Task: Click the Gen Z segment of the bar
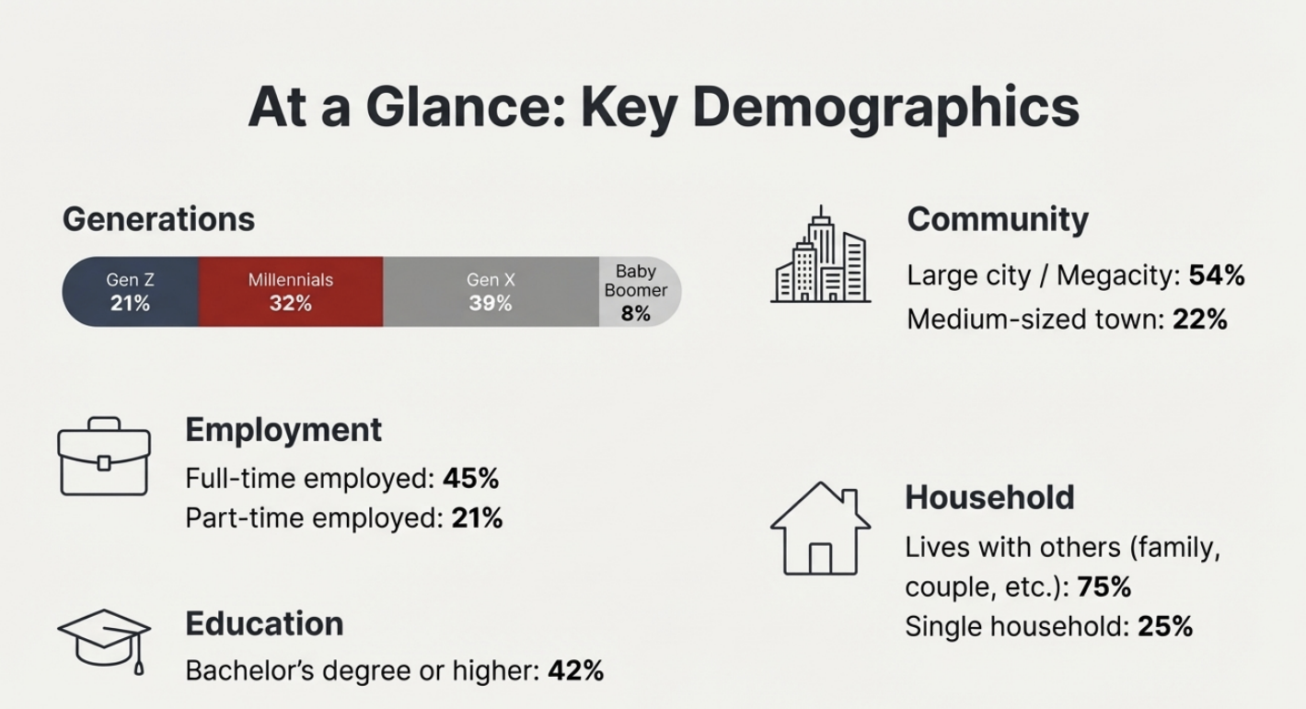(x=130, y=291)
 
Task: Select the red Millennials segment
(x=290, y=291)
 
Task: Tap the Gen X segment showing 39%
(x=490, y=291)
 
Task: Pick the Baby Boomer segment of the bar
(x=637, y=292)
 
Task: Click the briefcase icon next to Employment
(x=104, y=457)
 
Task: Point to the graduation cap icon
(x=104, y=638)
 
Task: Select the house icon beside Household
(x=820, y=529)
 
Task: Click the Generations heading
(x=158, y=219)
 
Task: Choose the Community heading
(x=998, y=219)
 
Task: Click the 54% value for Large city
(x=1217, y=274)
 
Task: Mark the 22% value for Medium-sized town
(x=1200, y=320)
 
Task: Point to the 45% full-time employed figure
(x=470, y=478)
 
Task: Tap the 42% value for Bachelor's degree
(x=575, y=670)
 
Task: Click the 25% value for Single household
(x=1165, y=626)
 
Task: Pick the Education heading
(x=264, y=623)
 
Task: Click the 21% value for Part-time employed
(x=477, y=518)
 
